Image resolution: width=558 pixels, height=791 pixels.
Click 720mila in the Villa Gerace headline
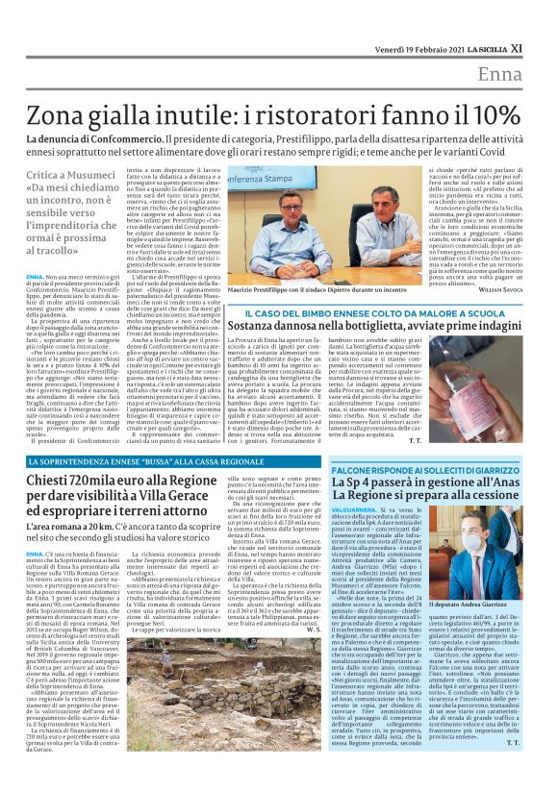tap(83, 480)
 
